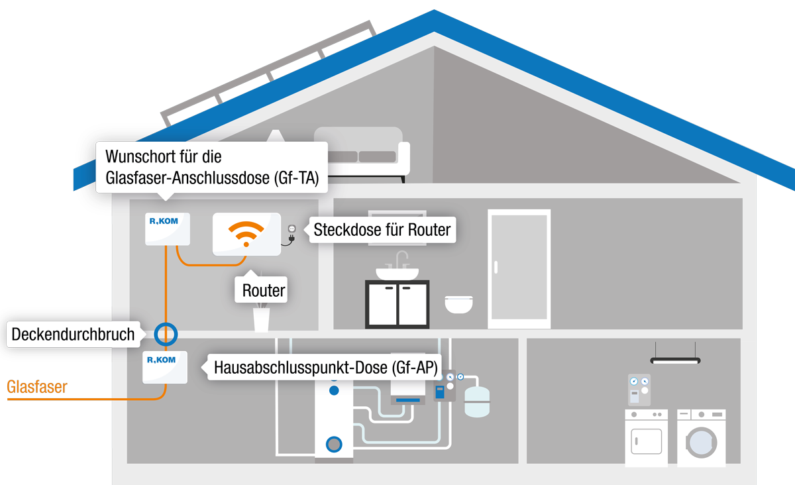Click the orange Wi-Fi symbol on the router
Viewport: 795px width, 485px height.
pyautogui.click(x=246, y=233)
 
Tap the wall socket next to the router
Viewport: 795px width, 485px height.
pyautogui.click(x=291, y=230)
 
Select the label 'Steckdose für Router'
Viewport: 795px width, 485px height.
pyautogui.click(x=382, y=230)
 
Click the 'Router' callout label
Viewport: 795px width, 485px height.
pyautogui.click(x=264, y=290)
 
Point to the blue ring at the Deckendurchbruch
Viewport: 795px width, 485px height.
pyautogui.click(x=166, y=333)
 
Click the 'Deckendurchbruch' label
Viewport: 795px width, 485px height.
pyautogui.click(x=73, y=335)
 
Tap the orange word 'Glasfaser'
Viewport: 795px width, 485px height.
pyautogui.click(x=37, y=387)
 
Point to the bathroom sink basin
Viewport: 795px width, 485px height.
pyautogui.click(x=397, y=272)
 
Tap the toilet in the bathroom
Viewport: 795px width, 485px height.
pyautogui.click(x=458, y=303)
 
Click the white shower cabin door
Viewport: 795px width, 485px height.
pyautogui.click(x=519, y=268)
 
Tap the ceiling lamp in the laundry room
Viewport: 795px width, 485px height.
pyautogui.click(x=675, y=360)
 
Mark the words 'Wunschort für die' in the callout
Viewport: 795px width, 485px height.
pyautogui.click(x=163, y=157)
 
